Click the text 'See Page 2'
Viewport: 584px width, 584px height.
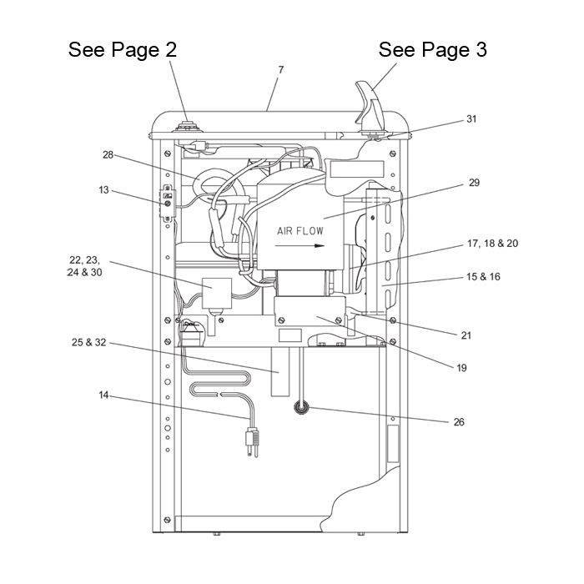(123, 49)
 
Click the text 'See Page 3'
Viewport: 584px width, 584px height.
(432, 49)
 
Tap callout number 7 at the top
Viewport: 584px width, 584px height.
(280, 70)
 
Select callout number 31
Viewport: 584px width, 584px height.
(471, 119)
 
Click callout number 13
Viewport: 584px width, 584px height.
(103, 190)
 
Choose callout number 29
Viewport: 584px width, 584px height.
(474, 181)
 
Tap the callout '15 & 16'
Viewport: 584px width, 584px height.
(485, 276)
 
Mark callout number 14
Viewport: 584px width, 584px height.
(103, 395)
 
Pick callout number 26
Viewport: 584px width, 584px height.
(458, 421)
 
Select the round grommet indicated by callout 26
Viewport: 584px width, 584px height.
(299, 408)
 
